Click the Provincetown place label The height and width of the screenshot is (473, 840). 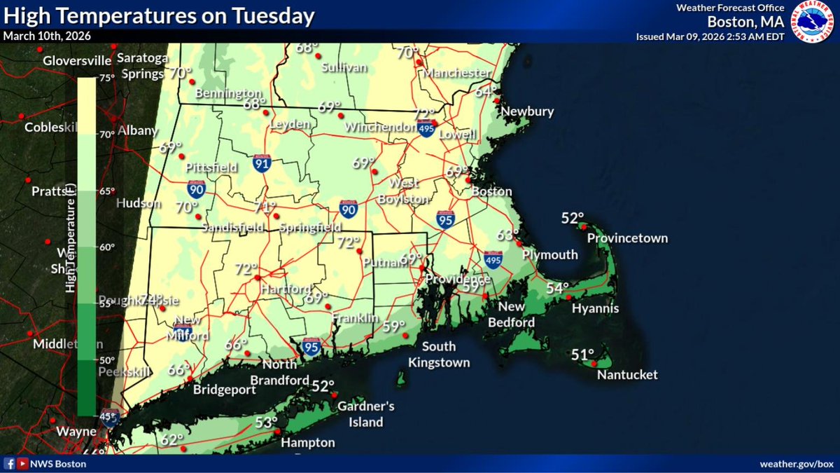tap(627, 238)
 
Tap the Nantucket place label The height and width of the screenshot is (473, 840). tap(627, 375)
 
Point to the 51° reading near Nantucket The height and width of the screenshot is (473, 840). tap(582, 355)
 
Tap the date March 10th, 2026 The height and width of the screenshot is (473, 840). tap(47, 36)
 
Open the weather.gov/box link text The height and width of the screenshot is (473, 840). tap(797, 465)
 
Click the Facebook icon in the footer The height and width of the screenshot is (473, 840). tap(10, 464)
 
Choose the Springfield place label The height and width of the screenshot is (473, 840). tap(310, 228)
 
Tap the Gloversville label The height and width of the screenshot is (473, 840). tap(77, 61)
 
